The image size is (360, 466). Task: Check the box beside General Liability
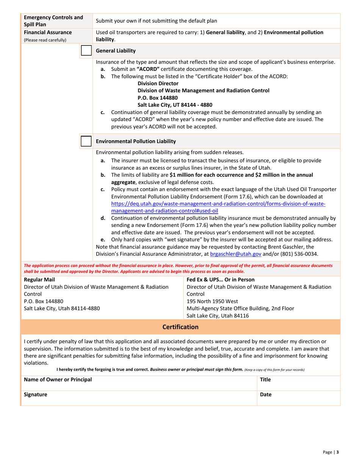click(x=86, y=50)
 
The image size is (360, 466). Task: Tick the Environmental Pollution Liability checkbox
click(x=86, y=141)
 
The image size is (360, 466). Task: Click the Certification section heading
click(x=180, y=327)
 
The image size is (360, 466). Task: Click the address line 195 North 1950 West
click(x=212, y=302)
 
